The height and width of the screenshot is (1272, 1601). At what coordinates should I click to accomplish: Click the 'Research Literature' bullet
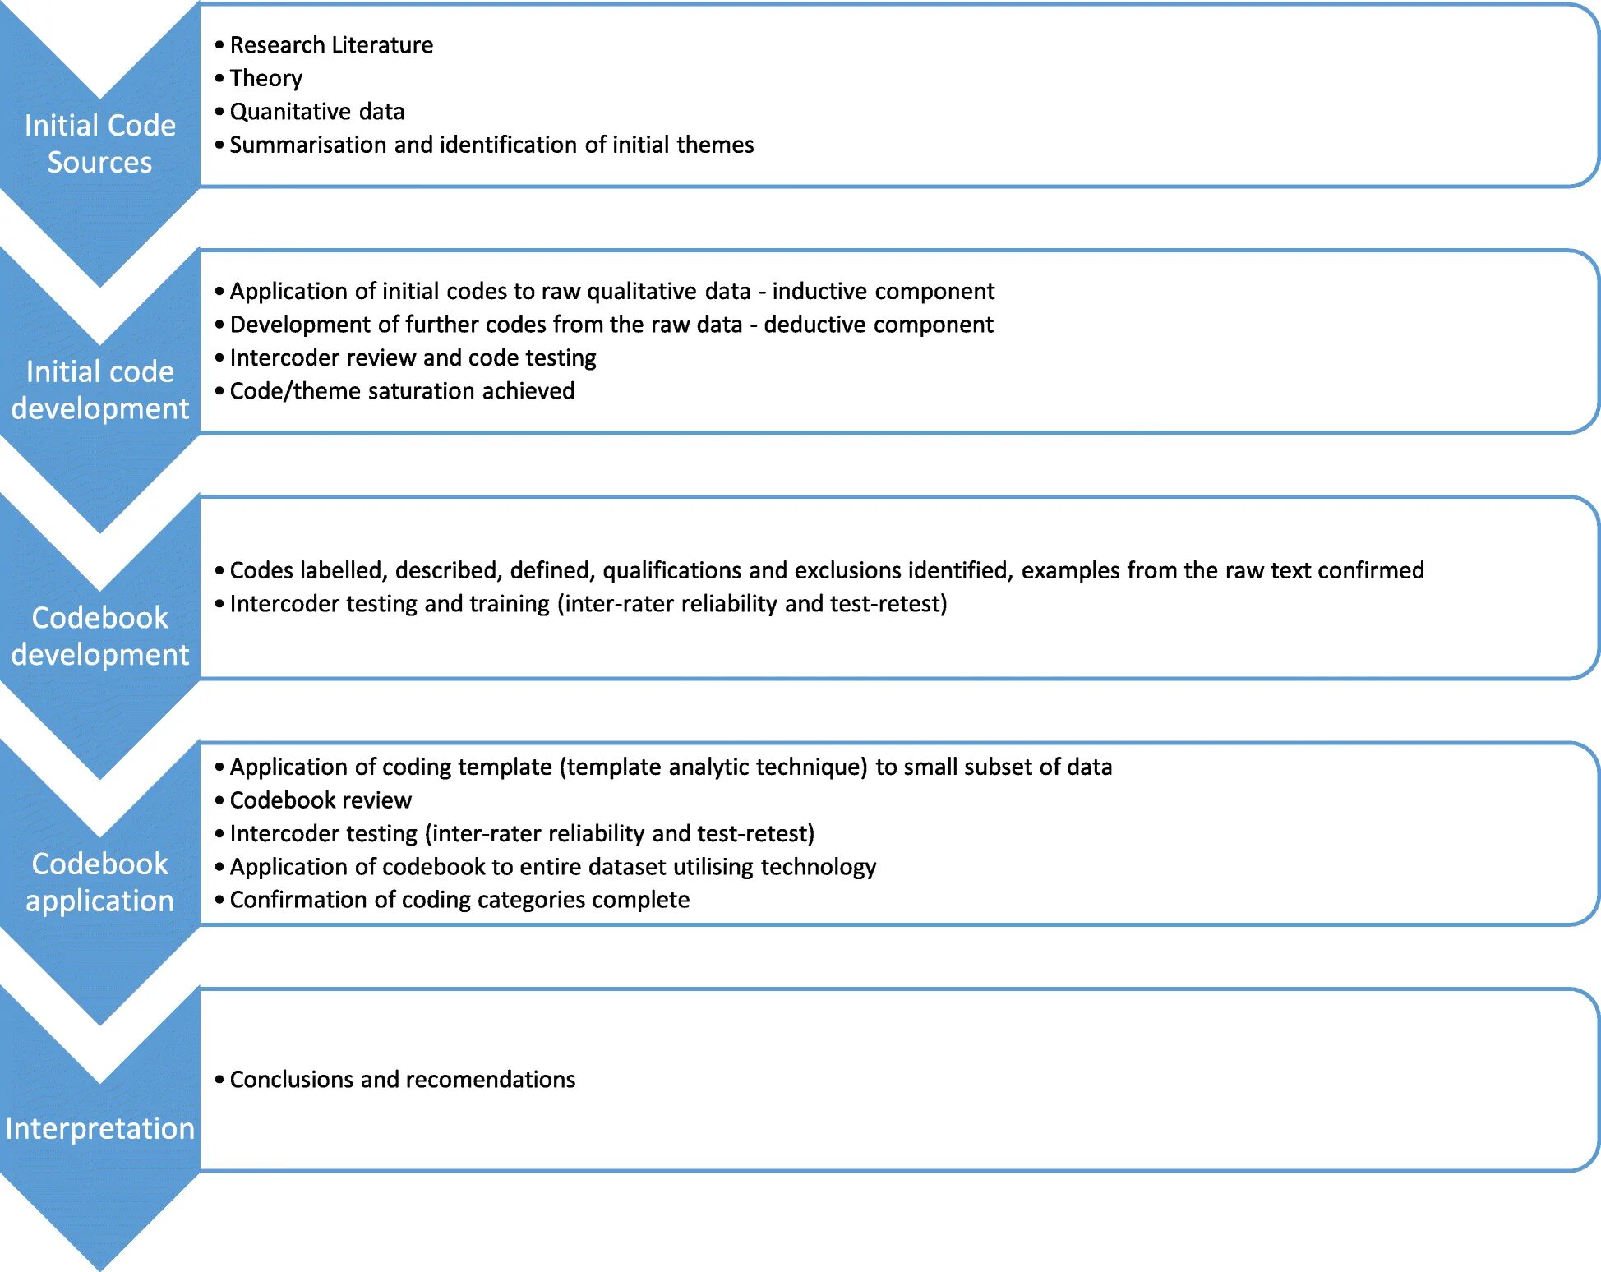tap(330, 45)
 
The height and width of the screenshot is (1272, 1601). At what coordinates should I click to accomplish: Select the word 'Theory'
tap(265, 78)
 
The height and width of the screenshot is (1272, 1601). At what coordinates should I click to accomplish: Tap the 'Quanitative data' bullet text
tap(316, 112)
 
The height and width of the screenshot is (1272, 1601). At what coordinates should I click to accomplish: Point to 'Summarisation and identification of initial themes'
tap(491, 145)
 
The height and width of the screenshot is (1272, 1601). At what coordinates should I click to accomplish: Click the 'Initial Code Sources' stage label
tap(99, 144)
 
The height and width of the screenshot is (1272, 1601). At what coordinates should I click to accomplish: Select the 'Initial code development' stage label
tap(99, 390)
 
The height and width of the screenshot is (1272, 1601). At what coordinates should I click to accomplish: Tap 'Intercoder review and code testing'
tap(413, 358)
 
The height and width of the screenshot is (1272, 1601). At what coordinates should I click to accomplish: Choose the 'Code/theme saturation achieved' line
tap(402, 391)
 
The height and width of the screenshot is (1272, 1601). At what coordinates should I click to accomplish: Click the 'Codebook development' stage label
tap(99, 636)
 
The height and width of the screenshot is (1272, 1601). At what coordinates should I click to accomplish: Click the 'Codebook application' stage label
tap(99, 883)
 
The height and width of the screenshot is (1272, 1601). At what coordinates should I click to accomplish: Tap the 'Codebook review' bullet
tap(320, 800)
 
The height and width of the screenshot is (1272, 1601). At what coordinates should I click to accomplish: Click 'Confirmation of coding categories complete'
tap(459, 900)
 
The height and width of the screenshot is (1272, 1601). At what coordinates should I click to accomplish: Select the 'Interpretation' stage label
tap(99, 1129)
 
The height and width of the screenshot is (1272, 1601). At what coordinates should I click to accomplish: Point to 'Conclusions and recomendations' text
tap(402, 1080)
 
